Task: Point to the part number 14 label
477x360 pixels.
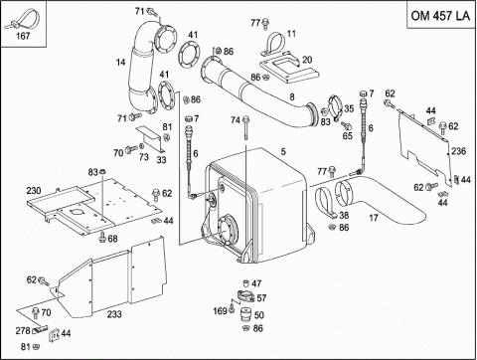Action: (x=120, y=63)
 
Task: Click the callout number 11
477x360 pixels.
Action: (x=292, y=33)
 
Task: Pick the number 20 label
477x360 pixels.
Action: (x=308, y=59)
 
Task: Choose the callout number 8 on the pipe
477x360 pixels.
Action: (x=291, y=96)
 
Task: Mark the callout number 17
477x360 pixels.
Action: (x=374, y=218)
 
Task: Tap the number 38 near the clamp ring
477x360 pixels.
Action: (x=343, y=215)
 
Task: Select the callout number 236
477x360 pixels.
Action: (x=457, y=150)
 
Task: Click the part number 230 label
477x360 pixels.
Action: (x=33, y=190)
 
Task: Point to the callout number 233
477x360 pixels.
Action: (x=114, y=313)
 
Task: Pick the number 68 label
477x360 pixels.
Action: (x=112, y=239)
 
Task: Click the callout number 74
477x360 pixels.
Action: (x=236, y=120)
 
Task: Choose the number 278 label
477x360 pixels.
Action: (x=23, y=329)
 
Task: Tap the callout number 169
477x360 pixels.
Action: (x=220, y=311)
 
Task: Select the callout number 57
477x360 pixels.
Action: (x=260, y=297)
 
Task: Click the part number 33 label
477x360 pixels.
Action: (x=161, y=159)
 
